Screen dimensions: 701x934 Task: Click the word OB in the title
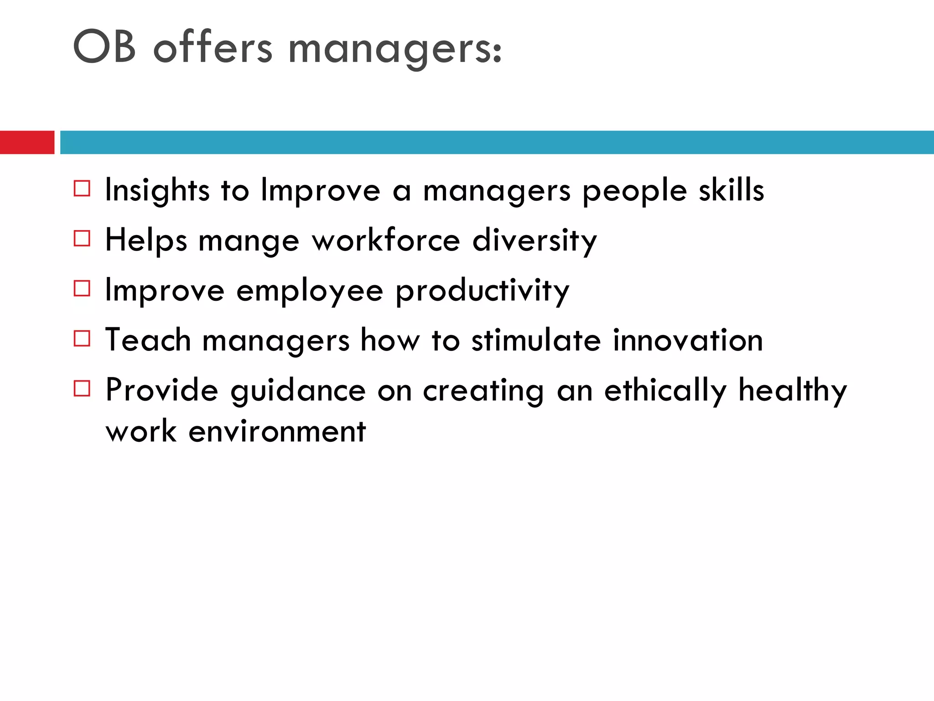[104, 46]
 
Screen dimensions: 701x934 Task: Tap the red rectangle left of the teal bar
[27, 142]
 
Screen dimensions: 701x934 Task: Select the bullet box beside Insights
[82, 188]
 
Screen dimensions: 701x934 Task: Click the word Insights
[157, 190]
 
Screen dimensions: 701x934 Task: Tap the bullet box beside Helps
[82, 238]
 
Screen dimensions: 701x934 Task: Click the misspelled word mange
[249, 241]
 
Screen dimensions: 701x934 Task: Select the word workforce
[386, 240]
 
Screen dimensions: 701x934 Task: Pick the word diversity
[534, 240]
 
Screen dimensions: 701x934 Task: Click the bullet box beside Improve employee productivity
[82, 288]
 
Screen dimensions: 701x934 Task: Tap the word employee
[310, 291]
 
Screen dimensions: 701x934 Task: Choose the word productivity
[483, 291]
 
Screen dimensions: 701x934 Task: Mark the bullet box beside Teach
[82, 339]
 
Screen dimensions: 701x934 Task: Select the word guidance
[298, 391]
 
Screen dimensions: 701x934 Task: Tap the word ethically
[665, 391]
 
